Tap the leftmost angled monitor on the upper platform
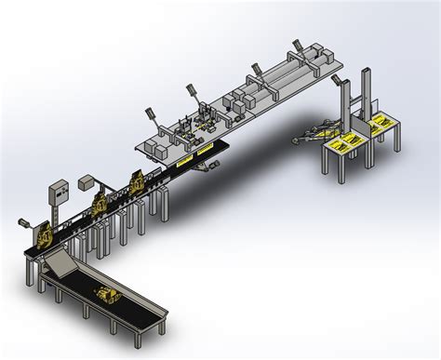tap(148, 115)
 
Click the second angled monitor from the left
tap(193, 87)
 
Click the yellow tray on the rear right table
tap(381, 122)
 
